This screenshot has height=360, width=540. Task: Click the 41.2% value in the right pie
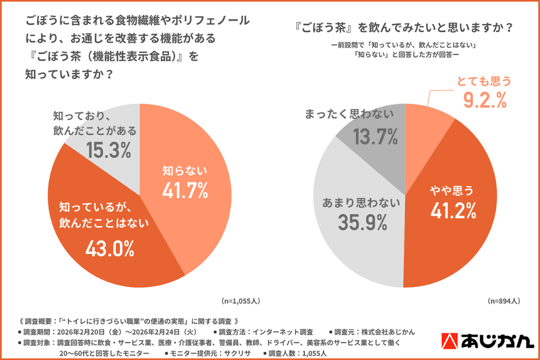click(x=453, y=211)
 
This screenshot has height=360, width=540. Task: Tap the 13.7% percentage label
click(x=375, y=137)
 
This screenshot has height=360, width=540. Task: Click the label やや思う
click(x=453, y=191)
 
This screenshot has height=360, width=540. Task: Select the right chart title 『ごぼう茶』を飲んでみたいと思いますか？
click(x=402, y=27)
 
